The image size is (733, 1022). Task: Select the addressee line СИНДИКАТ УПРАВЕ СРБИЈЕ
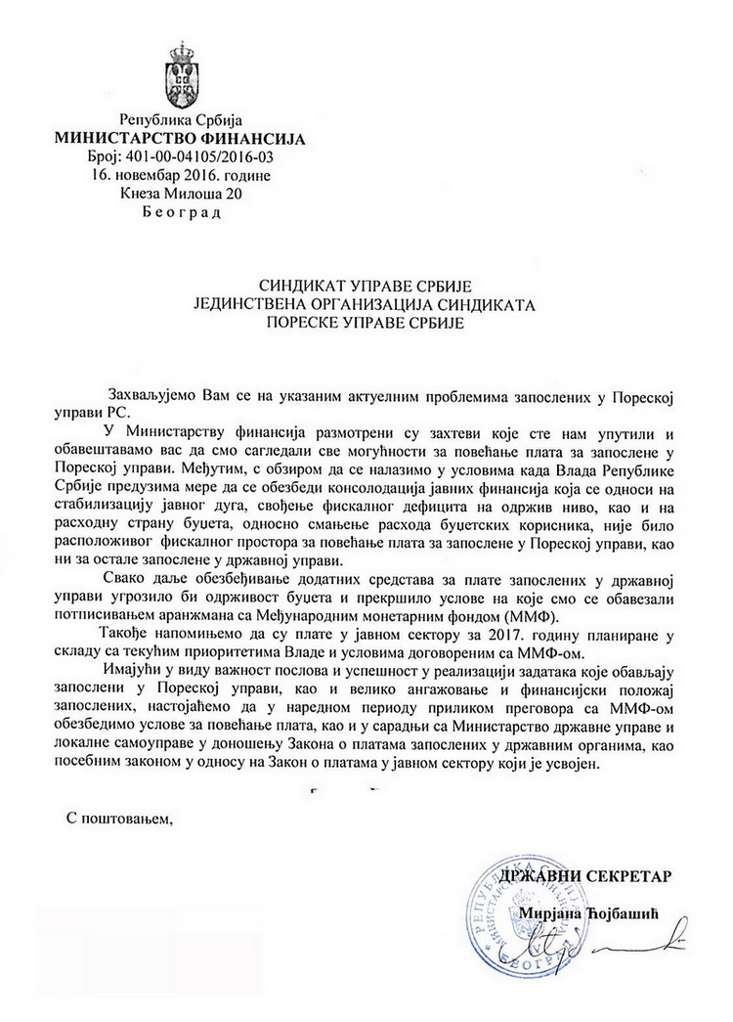[x=366, y=286]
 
